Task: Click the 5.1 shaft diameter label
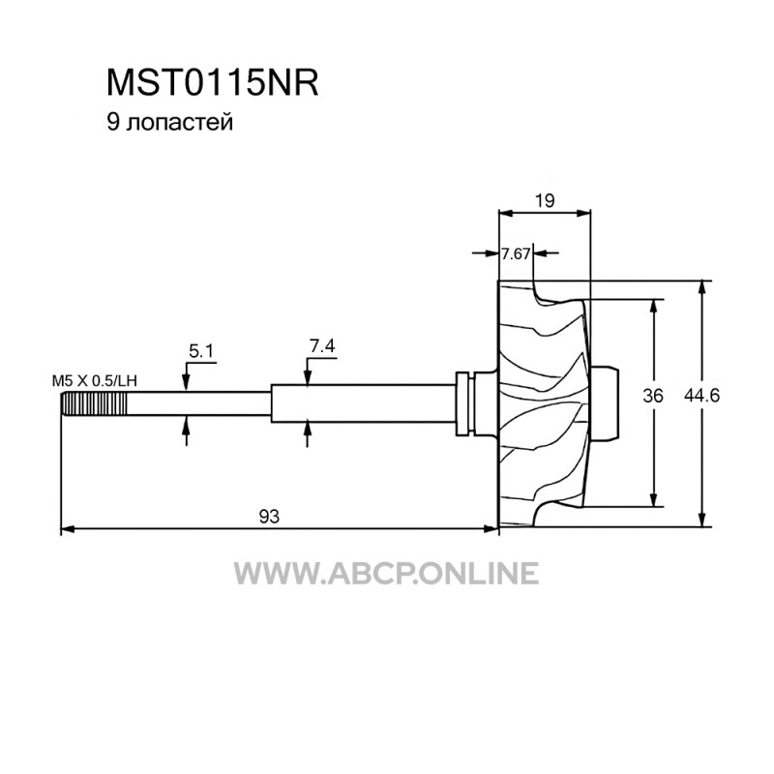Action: pos(201,351)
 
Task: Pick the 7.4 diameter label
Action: pos(322,345)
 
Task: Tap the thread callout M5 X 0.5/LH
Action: pos(94,380)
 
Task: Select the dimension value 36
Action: pos(653,396)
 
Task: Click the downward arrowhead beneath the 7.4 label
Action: pos(307,378)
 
